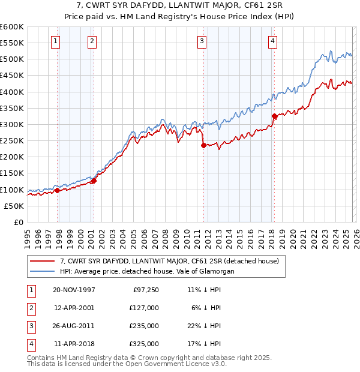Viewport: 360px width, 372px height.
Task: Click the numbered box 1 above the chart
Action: click(x=55, y=41)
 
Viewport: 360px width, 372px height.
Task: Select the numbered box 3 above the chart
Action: click(x=202, y=41)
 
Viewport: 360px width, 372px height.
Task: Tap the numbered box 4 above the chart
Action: click(x=272, y=41)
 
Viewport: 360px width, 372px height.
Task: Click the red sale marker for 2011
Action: click(x=204, y=145)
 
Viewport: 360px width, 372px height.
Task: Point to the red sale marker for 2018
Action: click(x=274, y=116)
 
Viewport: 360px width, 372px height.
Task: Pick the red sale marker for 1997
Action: click(x=58, y=190)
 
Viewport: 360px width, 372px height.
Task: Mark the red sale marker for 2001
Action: click(x=94, y=181)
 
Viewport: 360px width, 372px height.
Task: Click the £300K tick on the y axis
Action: click(x=12, y=124)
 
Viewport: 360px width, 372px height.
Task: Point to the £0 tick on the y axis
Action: click(x=19, y=222)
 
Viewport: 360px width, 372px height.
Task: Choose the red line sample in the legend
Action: click(x=43, y=261)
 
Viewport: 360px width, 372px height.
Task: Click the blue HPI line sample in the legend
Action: click(x=43, y=271)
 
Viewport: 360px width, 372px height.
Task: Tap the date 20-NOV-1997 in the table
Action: click(x=74, y=290)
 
